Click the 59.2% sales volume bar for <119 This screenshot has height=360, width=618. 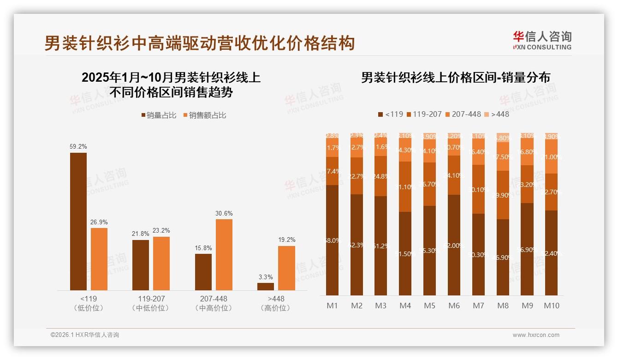click(x=78, y=221)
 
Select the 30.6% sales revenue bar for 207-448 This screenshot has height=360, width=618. click(x=224, y=254)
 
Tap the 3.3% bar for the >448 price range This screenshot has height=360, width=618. click(x=266, y=286)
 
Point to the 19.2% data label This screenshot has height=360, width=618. click(x=287, y=240)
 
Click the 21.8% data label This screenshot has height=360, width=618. click(x=141, y=234)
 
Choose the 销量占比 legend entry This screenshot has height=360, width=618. click(x=159, y=115)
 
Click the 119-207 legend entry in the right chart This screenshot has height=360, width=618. click(x=423, y=114)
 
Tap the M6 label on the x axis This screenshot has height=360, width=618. click(x=454, y=306)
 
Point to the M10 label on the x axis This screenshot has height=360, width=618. click(x=552, y=306)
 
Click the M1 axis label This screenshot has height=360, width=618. click(x=332, y=306)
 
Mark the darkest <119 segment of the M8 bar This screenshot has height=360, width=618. click(x=503, y=257)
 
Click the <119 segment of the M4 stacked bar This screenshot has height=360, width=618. click(x=405, y=253)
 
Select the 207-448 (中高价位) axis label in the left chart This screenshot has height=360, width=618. click(x=214, y=303)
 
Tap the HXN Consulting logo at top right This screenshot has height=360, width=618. click(x=542, y=41)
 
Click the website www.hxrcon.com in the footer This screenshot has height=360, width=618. click(x=536, y=335)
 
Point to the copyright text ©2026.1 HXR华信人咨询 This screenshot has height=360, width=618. click(x=84, y=335)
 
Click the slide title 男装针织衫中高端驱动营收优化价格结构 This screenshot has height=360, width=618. click(x=199, y=43)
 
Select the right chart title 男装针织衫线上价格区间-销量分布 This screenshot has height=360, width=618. click(x=455, y=78)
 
